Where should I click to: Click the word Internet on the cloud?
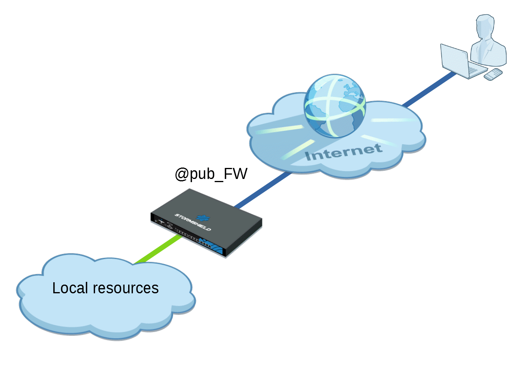(343, 152)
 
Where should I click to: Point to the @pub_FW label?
(211, 173)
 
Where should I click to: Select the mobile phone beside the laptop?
(493, 75)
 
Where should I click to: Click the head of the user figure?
(485, 26)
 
